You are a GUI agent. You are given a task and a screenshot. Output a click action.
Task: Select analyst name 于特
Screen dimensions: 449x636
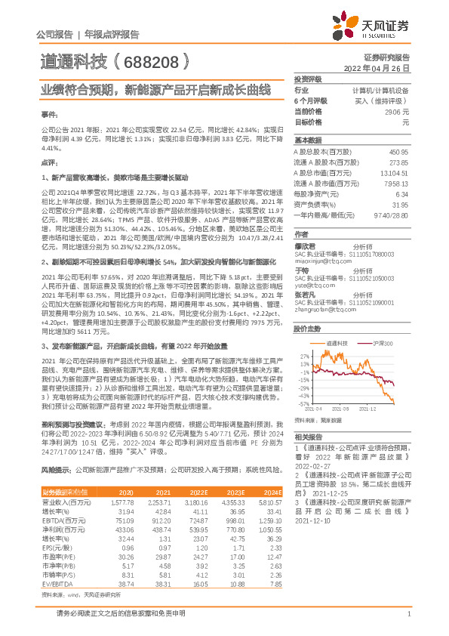pos(301,270)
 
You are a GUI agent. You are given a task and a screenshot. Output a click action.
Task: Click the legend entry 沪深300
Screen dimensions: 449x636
pos(381,343)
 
